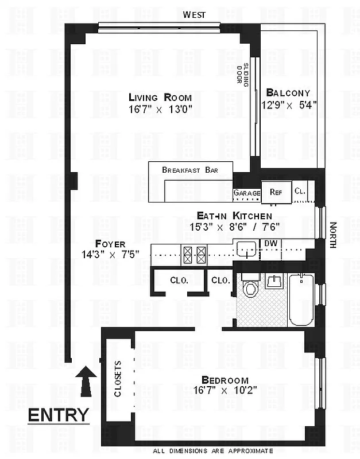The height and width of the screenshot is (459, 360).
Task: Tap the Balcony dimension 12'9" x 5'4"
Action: tap(289, 105)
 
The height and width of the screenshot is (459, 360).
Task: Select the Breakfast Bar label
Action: tap(189, 170)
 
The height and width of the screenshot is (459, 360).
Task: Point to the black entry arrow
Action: tap(86, 381)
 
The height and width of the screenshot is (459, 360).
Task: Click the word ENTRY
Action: tap(59, 414)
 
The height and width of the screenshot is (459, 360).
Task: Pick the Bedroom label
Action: tap(224, 380)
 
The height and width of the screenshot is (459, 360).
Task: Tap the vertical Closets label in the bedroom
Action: tap(118, 379)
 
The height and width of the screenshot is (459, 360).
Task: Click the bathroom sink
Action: tap(274, 281)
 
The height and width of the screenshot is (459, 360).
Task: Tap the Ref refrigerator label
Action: tap(276, 192)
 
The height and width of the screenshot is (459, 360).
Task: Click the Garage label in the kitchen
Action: tap(247, 193)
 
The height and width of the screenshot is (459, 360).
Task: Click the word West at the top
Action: tap(195, 14)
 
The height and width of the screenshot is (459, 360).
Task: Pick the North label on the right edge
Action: tap(332, 235)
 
